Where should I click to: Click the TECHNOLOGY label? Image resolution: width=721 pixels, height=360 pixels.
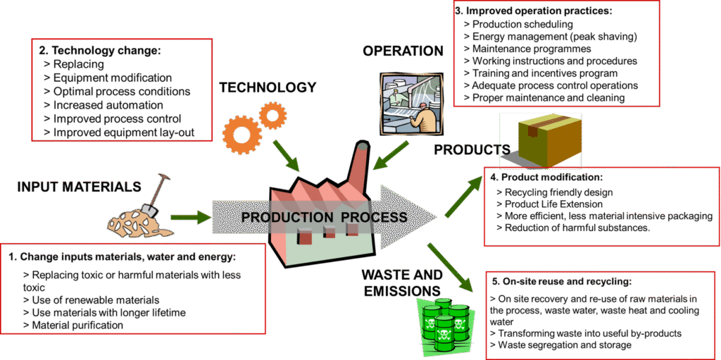click(268, 87)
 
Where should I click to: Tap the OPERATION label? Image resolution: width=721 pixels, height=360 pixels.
click(403, 51)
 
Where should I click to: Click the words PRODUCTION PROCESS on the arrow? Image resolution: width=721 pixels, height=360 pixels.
click(324, 217)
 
